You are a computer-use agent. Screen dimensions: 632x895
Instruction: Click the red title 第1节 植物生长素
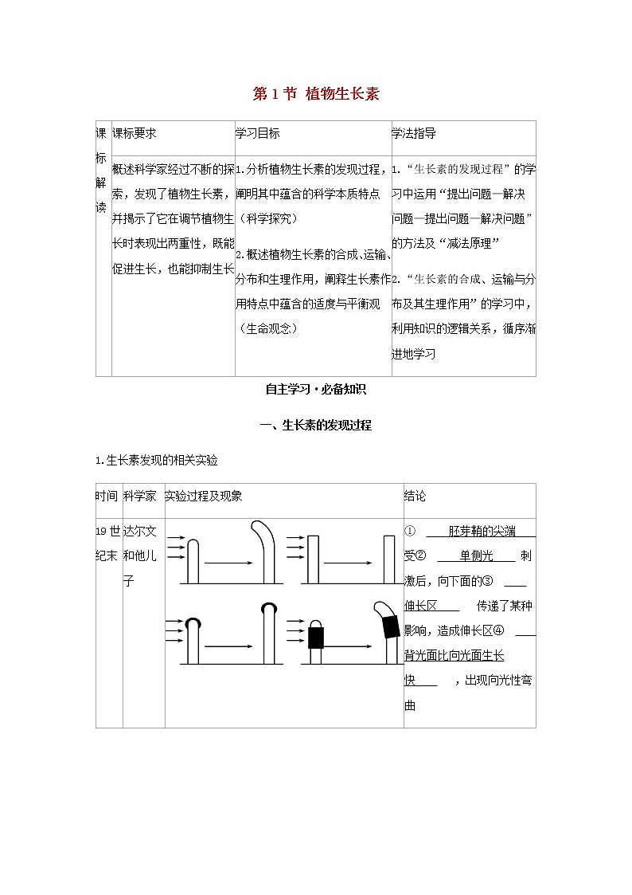click(316, 94)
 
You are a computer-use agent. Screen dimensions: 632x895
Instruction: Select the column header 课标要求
click(135, 134)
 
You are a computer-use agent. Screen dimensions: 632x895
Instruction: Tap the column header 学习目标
click(257, 134)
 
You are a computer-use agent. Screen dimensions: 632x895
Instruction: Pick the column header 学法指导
click(413, 134)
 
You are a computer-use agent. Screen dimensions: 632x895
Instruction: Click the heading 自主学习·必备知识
click(316, 390)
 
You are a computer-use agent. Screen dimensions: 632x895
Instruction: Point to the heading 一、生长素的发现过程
click(316, 425)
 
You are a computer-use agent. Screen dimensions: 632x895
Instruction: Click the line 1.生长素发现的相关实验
click(156, 460)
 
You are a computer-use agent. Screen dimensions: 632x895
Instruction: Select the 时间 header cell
click(107, 496)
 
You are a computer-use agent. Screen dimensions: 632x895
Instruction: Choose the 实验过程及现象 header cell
click(204, 496)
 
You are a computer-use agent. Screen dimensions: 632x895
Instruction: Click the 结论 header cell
click(415, 496)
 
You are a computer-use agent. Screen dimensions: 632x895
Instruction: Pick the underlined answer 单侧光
click(477, 556)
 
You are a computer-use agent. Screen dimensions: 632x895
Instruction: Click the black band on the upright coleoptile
click(316, 637)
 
